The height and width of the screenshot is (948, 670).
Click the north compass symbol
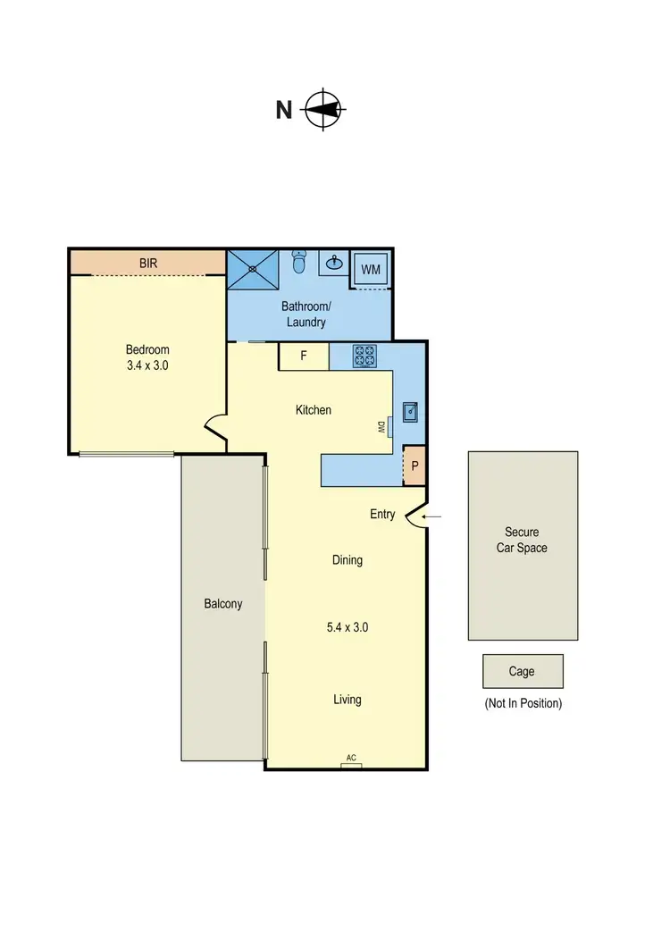(x=324, y=111)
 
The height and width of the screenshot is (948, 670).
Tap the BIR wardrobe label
(x=148, y=264)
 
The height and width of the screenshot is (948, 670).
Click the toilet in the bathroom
(x=300, y=263)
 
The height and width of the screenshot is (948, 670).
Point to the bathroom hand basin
(x=334, y=263)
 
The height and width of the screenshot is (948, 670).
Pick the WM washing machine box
(x=370, y=269)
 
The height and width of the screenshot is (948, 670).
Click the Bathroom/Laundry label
(x=304, y=315)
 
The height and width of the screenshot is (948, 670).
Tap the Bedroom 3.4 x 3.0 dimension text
(x=147, y=357)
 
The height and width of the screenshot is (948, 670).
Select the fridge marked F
(x=304, y=356)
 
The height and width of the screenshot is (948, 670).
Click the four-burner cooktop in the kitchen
(x=364, y=356)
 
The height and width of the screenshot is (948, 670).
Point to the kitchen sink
(x=411, y=412)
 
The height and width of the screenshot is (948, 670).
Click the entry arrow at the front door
(x=431, y=516)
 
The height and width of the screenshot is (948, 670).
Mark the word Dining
(x=348, y=560)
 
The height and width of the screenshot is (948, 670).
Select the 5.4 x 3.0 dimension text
(x=348, y=627)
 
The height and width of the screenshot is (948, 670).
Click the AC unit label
(x=351, y=759)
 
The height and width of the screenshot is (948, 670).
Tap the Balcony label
(x=223, y=604)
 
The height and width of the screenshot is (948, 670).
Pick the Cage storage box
(x=523, y=671)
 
